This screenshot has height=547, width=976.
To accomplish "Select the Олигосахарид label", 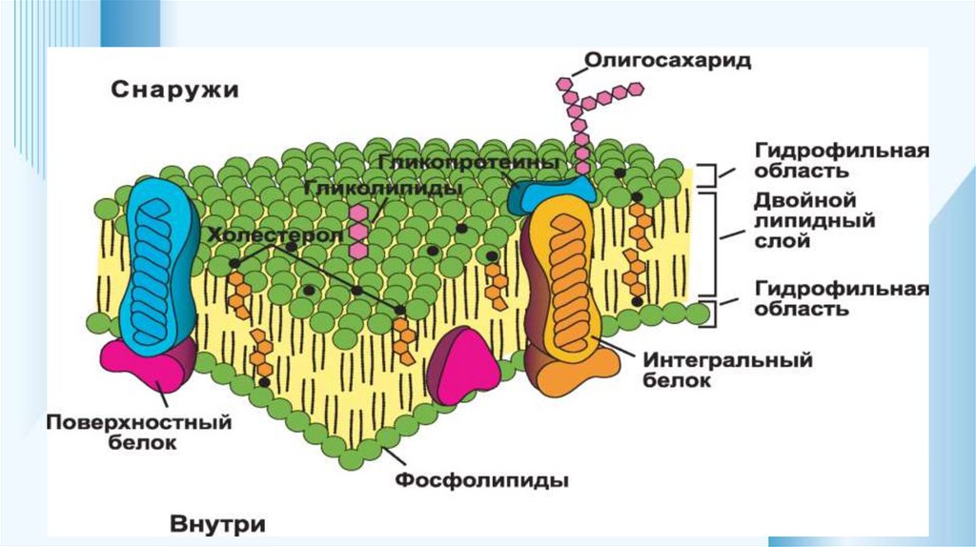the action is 666,62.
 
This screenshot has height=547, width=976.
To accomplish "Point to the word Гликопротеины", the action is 467,163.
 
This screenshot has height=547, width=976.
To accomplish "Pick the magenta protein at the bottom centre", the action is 464,366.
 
